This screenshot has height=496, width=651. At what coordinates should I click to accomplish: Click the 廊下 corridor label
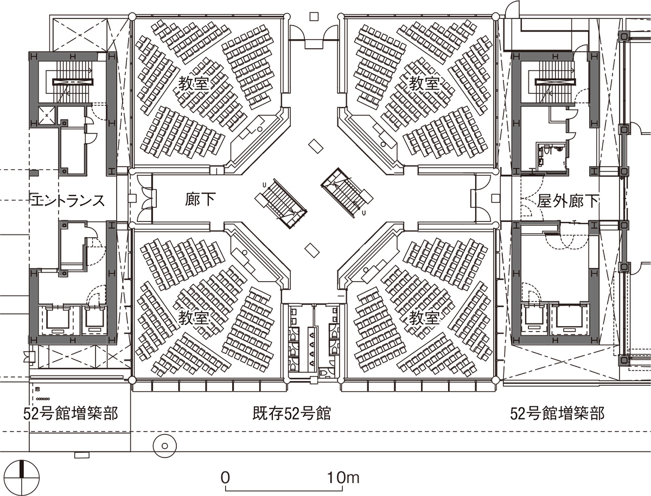[x=201, y=200]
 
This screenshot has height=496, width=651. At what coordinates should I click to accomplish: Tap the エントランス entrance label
[x=68, y=201]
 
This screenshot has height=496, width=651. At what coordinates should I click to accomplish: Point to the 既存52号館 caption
[x=292, y=413]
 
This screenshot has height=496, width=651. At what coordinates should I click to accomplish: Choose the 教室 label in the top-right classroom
[x=424, y=84]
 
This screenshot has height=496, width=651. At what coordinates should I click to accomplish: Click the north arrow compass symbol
[x=22, y=478]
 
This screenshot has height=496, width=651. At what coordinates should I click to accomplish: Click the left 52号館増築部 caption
[x=71, y=414]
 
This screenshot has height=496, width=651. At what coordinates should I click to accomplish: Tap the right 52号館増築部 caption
[x=557, y=414]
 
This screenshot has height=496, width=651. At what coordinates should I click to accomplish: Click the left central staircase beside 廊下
[x=281, y=204]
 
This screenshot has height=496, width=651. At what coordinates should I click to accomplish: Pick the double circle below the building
[x=164, y=446]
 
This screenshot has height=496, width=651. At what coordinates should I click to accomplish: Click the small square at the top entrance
[x=314, y=16]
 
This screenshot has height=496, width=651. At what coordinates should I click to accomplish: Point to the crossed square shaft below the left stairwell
[x=47, y=115]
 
